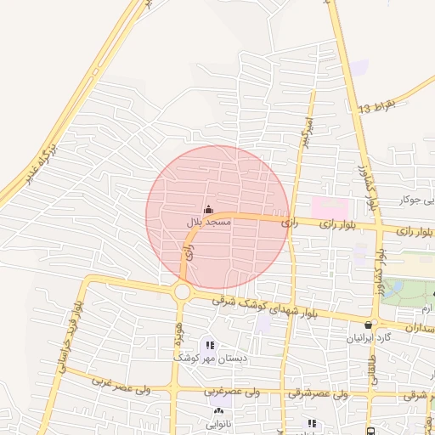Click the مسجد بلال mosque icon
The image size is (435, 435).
point(209,209)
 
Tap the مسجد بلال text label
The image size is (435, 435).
point(209,223)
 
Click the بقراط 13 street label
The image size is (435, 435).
point(377,107)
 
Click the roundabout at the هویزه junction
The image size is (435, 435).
point(182,291)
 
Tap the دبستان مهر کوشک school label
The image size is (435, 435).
point(210,359)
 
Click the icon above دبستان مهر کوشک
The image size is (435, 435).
point(209,344)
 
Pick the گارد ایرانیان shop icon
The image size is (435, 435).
point(368,324)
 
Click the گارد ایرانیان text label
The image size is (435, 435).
point(368,337)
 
